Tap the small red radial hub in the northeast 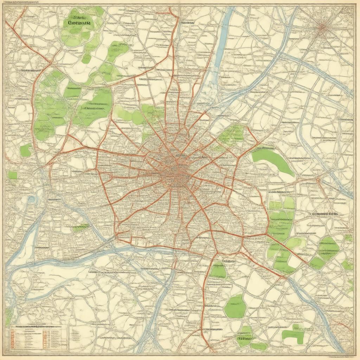coord(322,28)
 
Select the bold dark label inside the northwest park coord(79,24)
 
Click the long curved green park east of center coord(274,160)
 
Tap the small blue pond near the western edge coord(32,199)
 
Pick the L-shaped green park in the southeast coord(294,336)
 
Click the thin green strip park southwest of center coord(81,227)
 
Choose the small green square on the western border coord(13,175)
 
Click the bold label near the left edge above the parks coord(30,71)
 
